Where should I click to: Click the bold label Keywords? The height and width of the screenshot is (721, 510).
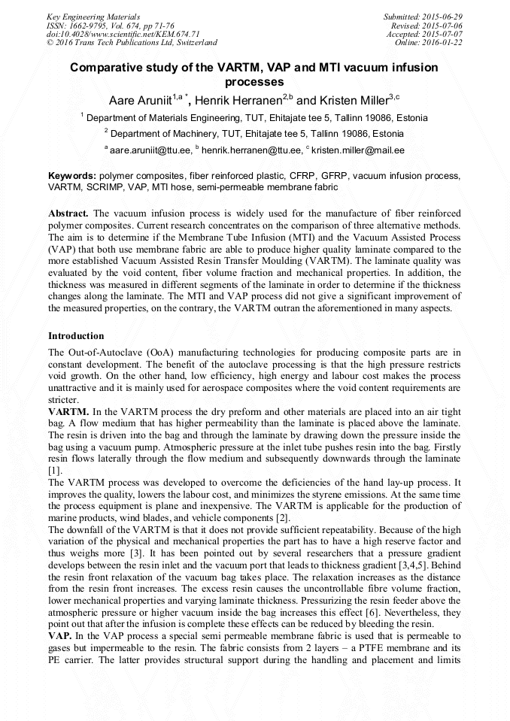71,175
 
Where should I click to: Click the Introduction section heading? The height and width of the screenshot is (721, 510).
76,335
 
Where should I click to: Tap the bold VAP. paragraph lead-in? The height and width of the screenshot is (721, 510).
61,635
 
